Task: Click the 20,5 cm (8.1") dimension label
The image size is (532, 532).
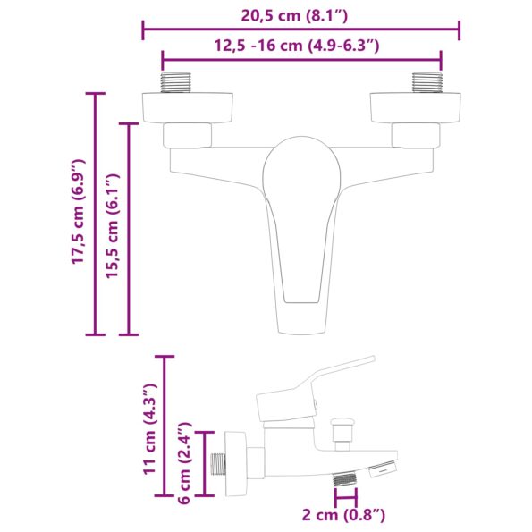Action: (300, 14)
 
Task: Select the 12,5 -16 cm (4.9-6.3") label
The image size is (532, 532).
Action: (300, 46)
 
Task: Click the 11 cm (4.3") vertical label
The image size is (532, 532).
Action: (149, 426)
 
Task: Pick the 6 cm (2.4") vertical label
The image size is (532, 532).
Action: (184, 464)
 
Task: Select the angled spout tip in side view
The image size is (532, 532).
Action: (383, 466)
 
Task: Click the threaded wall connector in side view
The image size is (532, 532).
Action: (218, 465)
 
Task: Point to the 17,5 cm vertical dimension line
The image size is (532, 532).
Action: (95, 215)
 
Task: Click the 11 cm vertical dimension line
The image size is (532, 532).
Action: (164, 426)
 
